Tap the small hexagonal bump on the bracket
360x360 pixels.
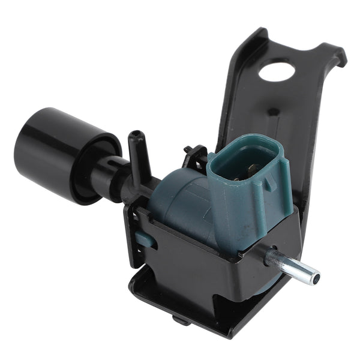click(273, 112)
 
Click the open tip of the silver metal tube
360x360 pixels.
click(313, 277)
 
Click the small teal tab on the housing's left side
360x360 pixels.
click(144, 240)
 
